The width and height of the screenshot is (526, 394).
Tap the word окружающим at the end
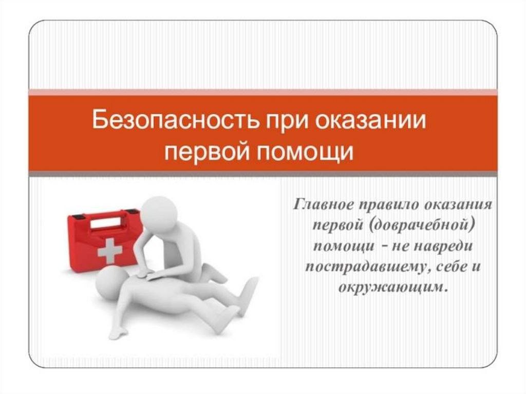click(393, 288)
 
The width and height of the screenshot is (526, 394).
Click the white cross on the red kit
click(110, 250)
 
